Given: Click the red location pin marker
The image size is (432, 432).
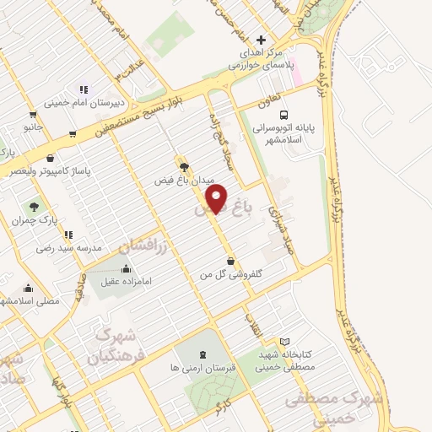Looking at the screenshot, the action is [x=217, y=199].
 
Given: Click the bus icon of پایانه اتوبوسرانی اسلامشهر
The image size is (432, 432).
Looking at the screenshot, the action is [x=283, y=115].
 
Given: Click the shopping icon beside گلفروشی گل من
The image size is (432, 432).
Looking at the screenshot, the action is [x=231, y=260].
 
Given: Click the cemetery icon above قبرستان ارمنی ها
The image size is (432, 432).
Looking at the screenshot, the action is [x=202, y=354].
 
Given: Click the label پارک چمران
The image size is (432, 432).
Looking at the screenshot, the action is [x=32, y=220].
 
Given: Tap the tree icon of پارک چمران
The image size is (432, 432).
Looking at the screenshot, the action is [x=34, y=206].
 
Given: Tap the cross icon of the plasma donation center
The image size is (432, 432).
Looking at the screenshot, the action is [x=262, y=40].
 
